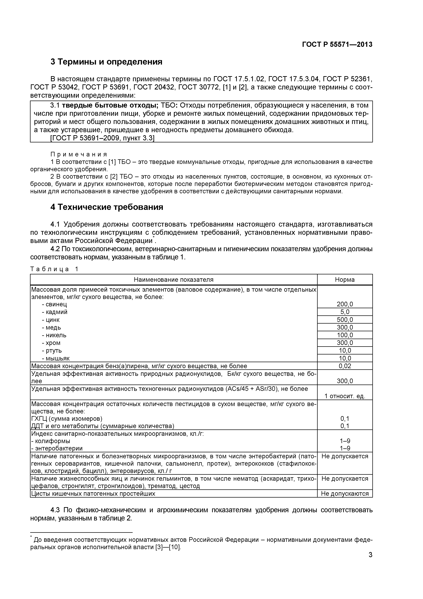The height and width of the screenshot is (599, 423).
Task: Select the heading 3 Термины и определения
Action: [106, 62]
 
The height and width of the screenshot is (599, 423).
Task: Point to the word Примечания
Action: [79, 155]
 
